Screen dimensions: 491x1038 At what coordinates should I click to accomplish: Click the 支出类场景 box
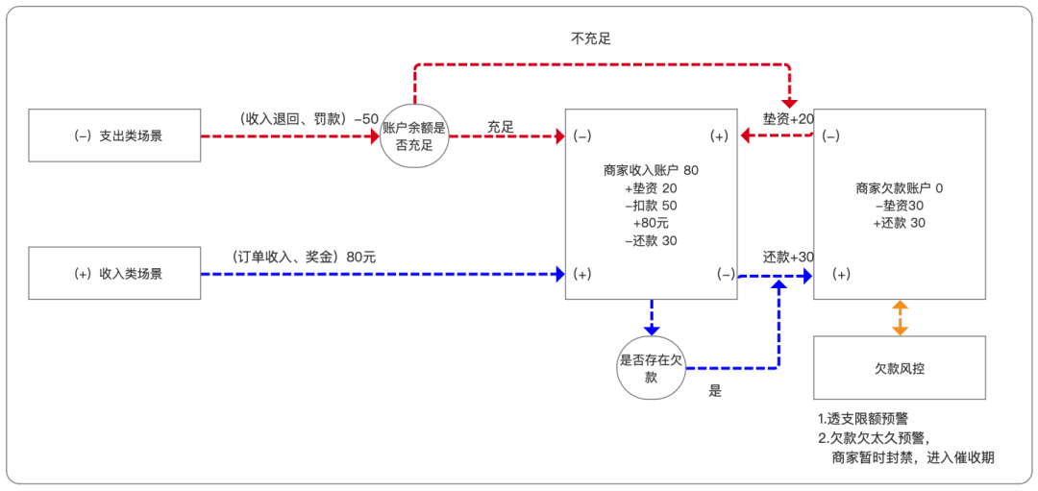click(x=115, y=135)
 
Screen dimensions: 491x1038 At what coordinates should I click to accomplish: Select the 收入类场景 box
click(x=115, y=273)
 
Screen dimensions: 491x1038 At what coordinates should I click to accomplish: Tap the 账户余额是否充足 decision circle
click(x=414, y=136)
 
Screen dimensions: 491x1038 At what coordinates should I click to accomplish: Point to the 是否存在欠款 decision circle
click(x=652, y=369)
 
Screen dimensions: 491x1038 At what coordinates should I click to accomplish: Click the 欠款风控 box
click(x=900, y=367)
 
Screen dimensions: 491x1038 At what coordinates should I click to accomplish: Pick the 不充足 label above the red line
click(x=590, y=39)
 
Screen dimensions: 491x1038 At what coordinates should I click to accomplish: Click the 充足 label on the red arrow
click(x=501, y=127)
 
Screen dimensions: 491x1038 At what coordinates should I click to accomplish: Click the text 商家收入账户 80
click(x=651, y=170)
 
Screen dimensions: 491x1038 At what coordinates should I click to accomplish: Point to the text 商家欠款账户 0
click(x=900, y=188)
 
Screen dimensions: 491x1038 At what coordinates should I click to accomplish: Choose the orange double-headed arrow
click(x=900, y=318)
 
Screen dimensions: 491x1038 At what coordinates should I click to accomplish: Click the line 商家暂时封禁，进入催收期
click(x=912, y=457)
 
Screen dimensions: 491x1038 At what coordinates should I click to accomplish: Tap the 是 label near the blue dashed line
click(x=714, y=391)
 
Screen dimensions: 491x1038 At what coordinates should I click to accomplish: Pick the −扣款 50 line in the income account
click(x=651, y=206)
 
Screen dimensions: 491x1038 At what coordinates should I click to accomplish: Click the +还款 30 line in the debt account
click(x=900, y=223)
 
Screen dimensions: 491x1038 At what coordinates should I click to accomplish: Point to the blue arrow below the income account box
click(x=652, y=314)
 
